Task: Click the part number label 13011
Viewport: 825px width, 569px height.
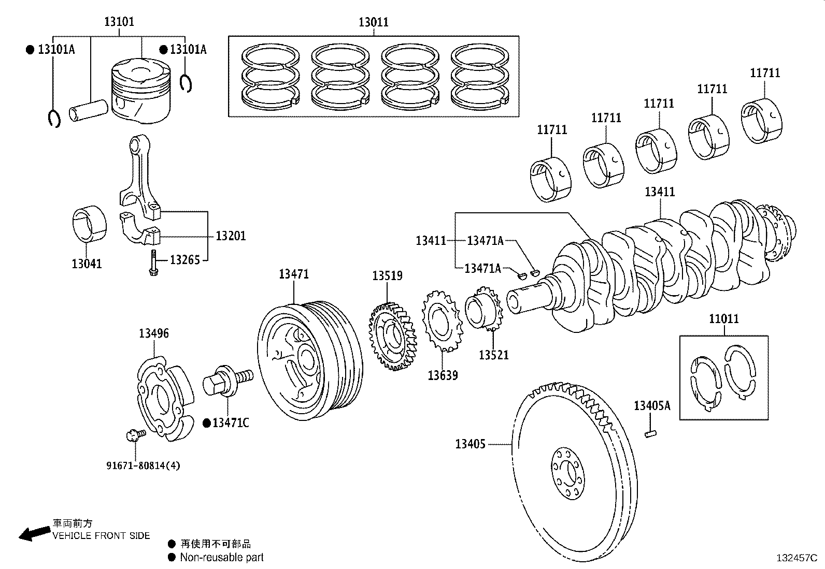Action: (x=373, y=22)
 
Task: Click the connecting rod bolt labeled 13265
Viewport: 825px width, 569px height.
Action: (x=153, y=263)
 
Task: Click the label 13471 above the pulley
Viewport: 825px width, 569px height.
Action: (x=294, y=274)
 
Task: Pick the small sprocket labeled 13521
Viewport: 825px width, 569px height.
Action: (x=483, y=312)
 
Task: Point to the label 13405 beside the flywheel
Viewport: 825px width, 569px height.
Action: (x=470, y=444)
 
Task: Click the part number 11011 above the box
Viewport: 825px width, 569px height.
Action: (x=723, y=319)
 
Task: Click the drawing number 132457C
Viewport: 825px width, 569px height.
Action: (x=796, y=558)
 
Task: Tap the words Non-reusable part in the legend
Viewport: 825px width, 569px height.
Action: (x=222, y=558)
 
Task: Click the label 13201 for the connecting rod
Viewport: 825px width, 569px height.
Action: (x=231, y=236)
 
